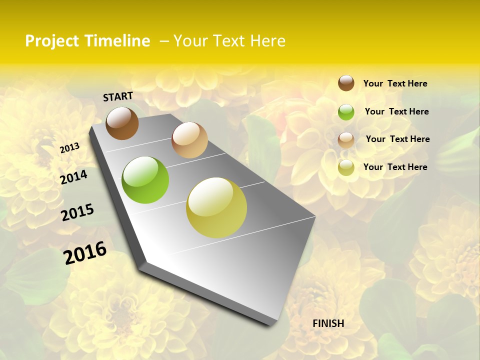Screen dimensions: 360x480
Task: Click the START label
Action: pyautogui.click(x=118, y=96)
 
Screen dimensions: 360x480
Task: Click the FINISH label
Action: pyautogui.click(x=328, y=323)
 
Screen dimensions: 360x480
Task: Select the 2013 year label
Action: pyautogui.click(x=70, y=147)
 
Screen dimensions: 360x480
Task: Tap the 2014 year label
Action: pyautogui.click(x=74, y=177)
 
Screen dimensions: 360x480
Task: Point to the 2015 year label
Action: pyautogui.click(x=77, y=212)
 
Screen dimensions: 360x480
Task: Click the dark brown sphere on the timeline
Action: pyautogui.click(x=122, y=123)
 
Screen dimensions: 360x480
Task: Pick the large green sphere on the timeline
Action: pyautogui.click(x=145, y=180)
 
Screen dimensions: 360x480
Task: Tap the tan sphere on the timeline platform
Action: pyautogui.click(x=189, y=140)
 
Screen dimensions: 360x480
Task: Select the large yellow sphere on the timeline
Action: pyautogui.click(x=216, y=207)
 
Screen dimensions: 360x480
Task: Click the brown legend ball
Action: pyautogui.click(x=346, y=83)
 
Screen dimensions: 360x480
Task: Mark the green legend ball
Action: pyautogui.click(x=346, y=112)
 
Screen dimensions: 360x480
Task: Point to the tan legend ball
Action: pyautogui.click(x=346, y=139)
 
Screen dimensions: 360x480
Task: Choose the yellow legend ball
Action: pyautogui.click(x=346, y=167)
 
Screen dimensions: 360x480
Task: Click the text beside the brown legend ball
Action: pyautogui.click(x=395, y=83)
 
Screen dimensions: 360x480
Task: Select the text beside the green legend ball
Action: pyautogui.click(x=396, y=111)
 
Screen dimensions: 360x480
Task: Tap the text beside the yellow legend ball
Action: pyautogui.click(x=395, y=167)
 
